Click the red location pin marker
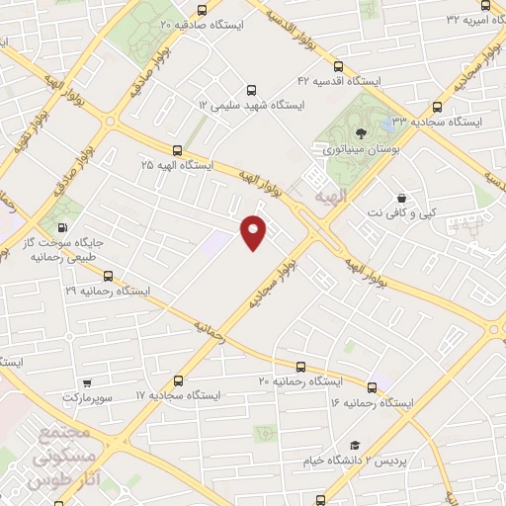(254, 230)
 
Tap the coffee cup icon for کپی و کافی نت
(400, 197)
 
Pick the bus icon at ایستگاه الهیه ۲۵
(177, 151)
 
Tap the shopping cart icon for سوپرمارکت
(88, 381)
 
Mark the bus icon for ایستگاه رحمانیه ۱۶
(372, 387)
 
